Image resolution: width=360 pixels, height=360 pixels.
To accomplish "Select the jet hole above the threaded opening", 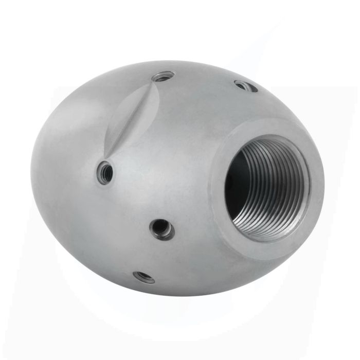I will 246,86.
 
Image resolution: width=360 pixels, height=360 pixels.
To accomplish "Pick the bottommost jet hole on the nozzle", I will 143,277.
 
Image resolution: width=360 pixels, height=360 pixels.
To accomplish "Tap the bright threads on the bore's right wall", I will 296,190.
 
